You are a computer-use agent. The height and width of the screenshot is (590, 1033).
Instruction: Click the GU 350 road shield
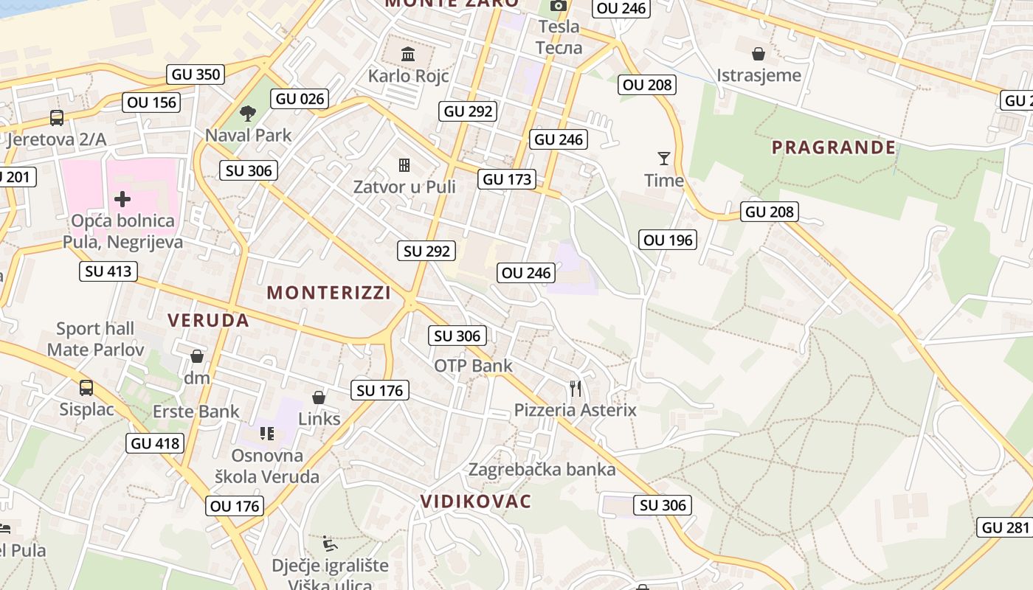point(196,74)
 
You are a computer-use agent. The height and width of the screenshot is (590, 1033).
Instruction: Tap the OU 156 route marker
point(152,103)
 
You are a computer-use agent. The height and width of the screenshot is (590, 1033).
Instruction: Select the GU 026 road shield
point(300,99)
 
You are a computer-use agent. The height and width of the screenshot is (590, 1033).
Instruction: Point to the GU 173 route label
point(507,179)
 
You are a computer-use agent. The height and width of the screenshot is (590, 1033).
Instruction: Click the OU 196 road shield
point(668,240)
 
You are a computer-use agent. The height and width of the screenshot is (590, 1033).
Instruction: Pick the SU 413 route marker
point(108,271)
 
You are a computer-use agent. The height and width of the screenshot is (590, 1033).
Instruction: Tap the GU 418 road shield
point(155,443)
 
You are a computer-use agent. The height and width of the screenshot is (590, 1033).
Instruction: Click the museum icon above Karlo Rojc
point(407,54)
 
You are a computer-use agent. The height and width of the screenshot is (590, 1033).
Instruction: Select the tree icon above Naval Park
point(248,114)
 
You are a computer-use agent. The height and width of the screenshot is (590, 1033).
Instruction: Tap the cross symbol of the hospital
point(122,198)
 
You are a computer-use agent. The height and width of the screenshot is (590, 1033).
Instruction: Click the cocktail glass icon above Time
point(664,159)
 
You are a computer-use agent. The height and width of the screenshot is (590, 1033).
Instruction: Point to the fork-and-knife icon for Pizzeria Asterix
point(576,388)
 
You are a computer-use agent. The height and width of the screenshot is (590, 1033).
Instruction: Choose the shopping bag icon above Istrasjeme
point(758,54)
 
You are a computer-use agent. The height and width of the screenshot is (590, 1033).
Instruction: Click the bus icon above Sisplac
point(86,387)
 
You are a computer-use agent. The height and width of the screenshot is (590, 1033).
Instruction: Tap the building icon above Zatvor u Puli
point(404,164)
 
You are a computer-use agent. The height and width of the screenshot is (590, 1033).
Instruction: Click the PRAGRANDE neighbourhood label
point(834,147)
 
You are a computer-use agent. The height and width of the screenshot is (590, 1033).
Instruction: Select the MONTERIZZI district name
point(329,293)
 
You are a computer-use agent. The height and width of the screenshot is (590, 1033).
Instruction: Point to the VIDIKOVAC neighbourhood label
point(476,502)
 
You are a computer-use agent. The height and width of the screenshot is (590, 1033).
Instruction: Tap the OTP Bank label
point(473,366)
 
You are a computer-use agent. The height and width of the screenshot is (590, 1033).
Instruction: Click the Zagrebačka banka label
point(542,469)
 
